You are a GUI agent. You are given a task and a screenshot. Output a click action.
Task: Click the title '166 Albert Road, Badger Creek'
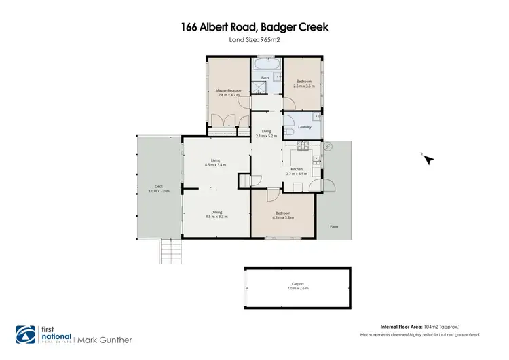click(254, 27)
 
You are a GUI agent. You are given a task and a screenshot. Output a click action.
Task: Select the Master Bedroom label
click(229, 93)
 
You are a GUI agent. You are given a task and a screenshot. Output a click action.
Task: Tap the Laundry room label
click(304, 126)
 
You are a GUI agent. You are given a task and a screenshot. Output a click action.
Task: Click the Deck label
click(158, 188)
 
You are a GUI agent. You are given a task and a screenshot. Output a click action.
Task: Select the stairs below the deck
click(171, 253)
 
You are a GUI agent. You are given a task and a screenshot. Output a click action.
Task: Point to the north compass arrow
click(428, 159)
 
